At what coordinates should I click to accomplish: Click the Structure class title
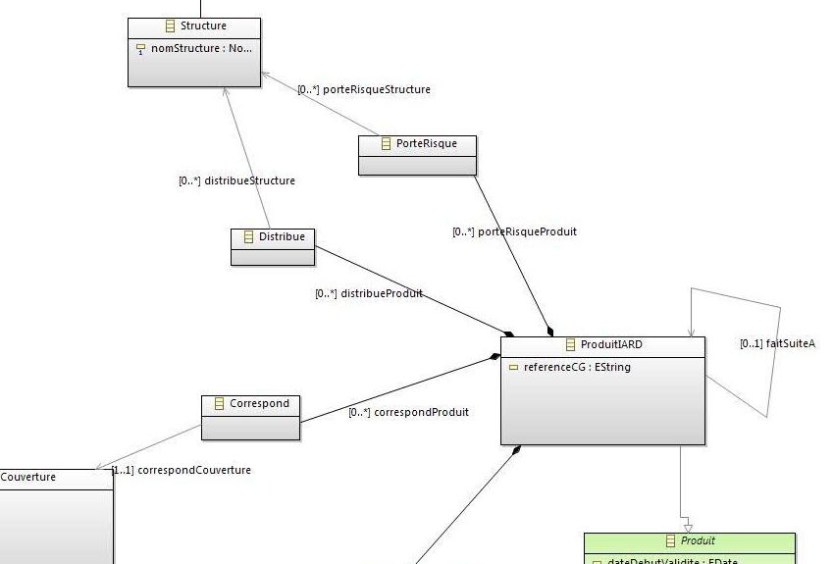click(203, 26)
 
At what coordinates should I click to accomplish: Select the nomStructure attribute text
click(200, 48)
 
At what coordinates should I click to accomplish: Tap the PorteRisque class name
click(426, 143)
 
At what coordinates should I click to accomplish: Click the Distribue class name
click(282, 236)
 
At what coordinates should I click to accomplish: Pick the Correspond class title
click(259, 403)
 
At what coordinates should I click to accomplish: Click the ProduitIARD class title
click(611, 344)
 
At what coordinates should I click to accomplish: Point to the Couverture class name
click(28, 477)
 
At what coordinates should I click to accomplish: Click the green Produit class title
click(698, 540)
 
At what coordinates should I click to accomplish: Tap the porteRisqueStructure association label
click(364, 89)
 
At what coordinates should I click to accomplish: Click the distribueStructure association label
click(236, 180)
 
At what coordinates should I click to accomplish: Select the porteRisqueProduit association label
click(514, 231)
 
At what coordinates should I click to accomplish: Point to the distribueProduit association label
click(369, 293)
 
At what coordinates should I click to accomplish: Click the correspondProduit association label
click(408, 412)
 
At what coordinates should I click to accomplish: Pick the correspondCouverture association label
click(182, 470)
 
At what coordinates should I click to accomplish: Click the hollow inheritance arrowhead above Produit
click(688, 527)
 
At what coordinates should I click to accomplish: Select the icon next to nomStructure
click(140, 48)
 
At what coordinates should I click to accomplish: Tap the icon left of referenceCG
click(513, 368)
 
